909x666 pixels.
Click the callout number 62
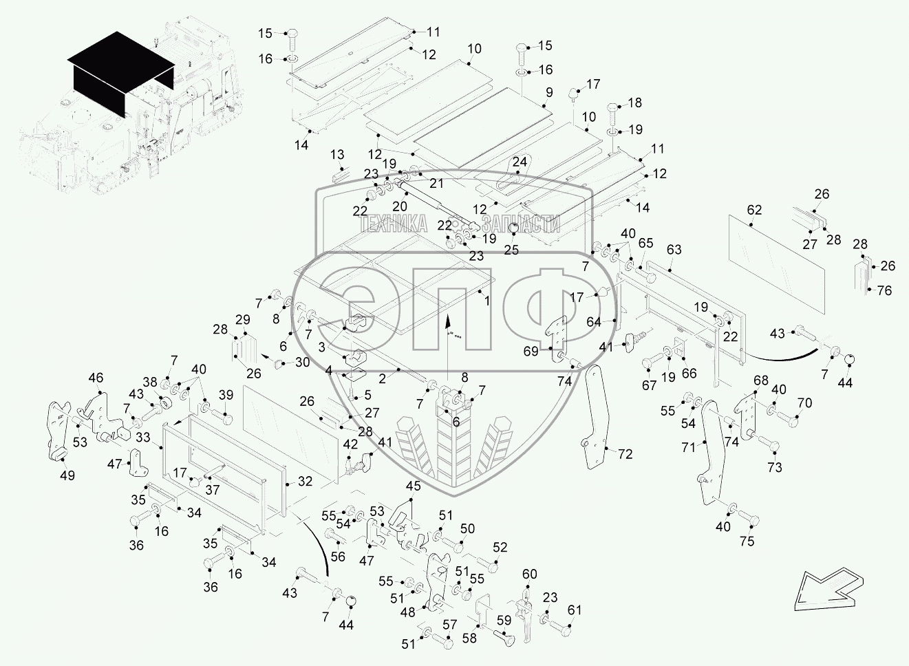pyautogui.click(x=754, y=211)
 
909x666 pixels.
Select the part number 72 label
pyautogui.click(x=625, y=454)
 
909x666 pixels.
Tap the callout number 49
pyautogui.click(x=67, y=475)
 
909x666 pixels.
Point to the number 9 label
pyautogui.click(x=549, y=92)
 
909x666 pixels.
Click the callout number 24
pyautogui.click(x=520, y=162)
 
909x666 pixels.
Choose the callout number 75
pyautogui.click(x=747, y=541)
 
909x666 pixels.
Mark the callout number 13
pyautogui.click(x=337, y=155)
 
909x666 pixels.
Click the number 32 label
pyautogui.click(x=305, y=482)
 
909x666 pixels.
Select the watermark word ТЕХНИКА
pyautogui.click(x=393, y=224)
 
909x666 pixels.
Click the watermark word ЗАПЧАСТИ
pyautogui.click(x=521, y=224)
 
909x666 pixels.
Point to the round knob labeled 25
pyautogui.click(x=514, y=229)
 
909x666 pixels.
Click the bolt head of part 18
pyautogui.click(x=612, y=109)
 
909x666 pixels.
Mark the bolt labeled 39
pyautogui.click(x=222, y=416)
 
